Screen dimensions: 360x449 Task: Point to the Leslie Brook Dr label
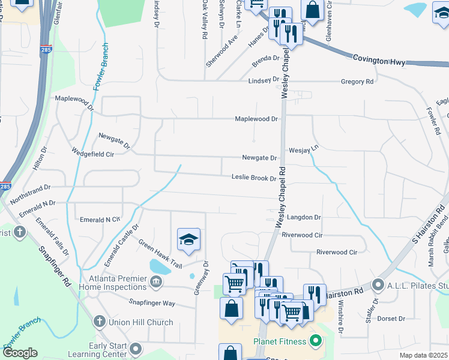(254, 178)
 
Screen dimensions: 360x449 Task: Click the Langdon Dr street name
(304, 217)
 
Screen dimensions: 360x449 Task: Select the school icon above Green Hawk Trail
(188, 239)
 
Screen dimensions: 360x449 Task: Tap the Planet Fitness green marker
(315, 342)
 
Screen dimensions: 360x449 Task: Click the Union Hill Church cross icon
(100, 322)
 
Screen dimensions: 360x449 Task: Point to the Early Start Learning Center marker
(136, 349)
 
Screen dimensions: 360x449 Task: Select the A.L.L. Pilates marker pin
(378, 284)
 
